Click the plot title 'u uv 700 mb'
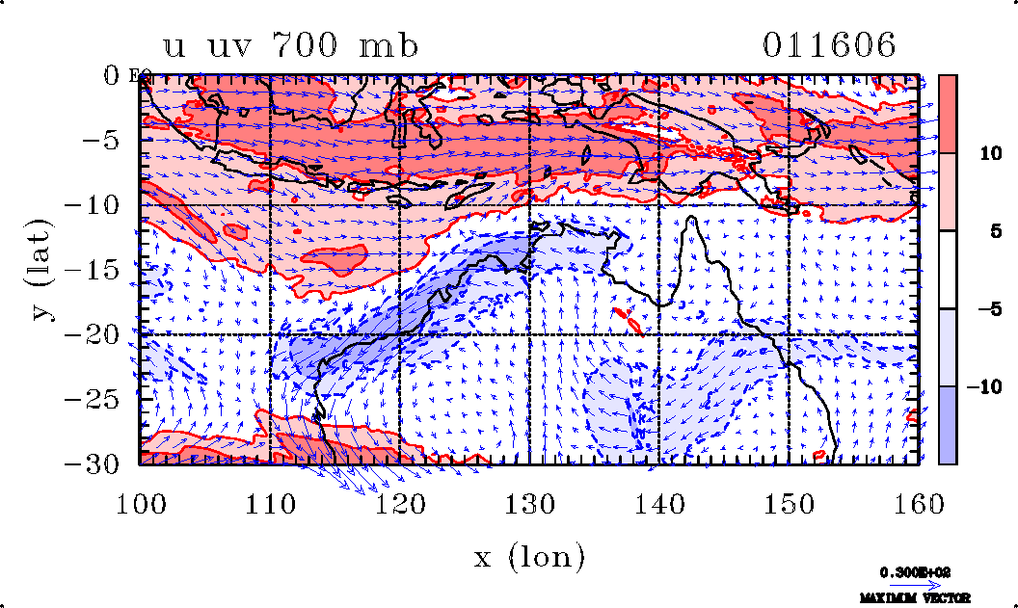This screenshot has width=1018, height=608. (291, 45)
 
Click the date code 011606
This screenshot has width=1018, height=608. (830, 45)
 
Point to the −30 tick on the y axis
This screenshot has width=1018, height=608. (98, 463)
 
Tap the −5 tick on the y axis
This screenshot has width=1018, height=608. (106, 141)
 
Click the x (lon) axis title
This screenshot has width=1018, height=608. (529, 556)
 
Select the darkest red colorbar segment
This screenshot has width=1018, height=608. (947, 114)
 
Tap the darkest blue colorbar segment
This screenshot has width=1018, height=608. (947, 425)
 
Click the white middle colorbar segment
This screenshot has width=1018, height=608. (947, 270)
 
